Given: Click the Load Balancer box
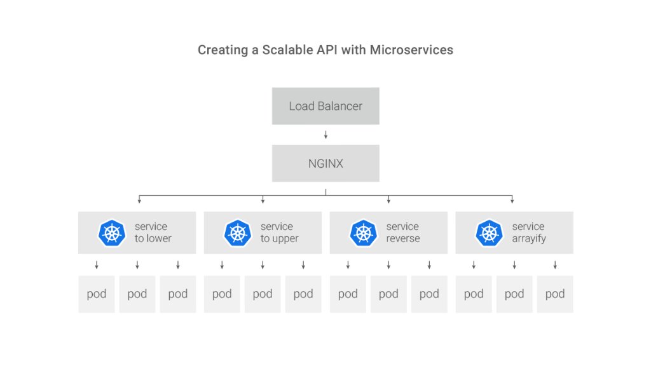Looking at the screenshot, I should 325,106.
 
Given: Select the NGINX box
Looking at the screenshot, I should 325,163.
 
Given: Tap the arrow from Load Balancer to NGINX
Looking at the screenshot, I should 325,135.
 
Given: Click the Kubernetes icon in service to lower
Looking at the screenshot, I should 112,233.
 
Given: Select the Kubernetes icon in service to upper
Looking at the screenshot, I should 238,233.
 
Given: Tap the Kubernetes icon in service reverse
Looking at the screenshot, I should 364,233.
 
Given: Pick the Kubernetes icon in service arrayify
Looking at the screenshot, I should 490,233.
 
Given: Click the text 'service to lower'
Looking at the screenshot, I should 153,233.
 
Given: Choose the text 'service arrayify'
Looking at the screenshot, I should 529,233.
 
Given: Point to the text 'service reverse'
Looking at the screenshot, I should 403,233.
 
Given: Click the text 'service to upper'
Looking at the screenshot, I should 279,233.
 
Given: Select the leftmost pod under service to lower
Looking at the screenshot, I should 97,294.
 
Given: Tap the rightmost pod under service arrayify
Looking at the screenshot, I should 555,294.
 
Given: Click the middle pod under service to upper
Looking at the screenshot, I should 263,294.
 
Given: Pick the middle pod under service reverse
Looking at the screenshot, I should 388,294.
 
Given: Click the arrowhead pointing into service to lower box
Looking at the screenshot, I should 138,201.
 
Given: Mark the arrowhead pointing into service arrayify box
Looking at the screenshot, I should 512,201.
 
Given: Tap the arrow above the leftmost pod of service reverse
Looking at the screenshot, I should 348,265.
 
